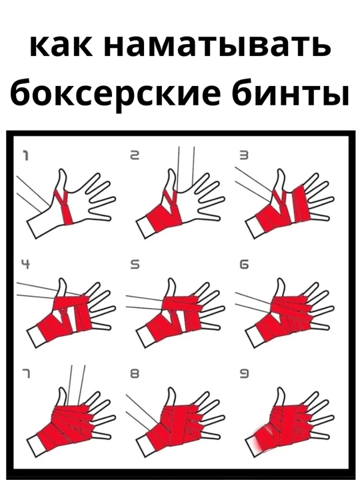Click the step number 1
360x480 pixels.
click(x=26, y=156)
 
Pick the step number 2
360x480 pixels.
click(x=135, y=156)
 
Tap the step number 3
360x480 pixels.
click(x=244, y=156)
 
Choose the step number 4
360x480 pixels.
click(x=26, y=265)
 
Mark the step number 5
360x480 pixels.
click(x=135, y=265)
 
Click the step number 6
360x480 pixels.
click(x=244, y=265)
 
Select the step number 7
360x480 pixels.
click(x=26, y=373)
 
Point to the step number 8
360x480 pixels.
click(x=135, y=373)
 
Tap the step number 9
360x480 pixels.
click(x=244, y=373)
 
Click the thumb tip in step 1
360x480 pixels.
click(x=63, y=171)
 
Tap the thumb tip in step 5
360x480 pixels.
click(x=172, y=280)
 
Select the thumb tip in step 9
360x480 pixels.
click(x=281, y=389)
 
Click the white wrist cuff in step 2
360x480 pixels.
click(x=144, y=227)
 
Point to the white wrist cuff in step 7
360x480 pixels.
click(x=35, y=445)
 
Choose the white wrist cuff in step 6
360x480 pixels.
click(x=253, y=336)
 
